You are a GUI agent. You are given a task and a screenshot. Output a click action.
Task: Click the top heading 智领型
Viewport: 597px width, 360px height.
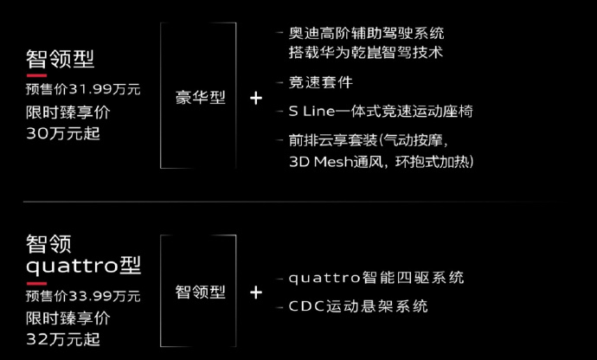[60, 59]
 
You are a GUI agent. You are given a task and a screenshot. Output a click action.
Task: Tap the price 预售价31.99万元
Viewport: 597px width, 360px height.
[83, 89]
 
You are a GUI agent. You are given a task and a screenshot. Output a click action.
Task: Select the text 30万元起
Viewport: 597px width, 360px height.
[63, 133]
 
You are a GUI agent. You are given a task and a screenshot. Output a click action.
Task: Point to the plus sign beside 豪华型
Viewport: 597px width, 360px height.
[256, 99]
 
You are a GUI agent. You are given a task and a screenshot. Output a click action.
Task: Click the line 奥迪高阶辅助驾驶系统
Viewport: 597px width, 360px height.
[366, 33]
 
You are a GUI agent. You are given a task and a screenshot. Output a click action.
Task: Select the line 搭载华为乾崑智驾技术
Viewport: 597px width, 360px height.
[365, 52]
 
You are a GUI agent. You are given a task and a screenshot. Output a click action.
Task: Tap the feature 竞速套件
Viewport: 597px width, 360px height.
[321, 82]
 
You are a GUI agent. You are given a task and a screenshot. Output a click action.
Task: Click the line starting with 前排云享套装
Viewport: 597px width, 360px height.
[369, 140]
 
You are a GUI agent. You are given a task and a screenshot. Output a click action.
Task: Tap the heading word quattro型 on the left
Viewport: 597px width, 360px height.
[83, 265]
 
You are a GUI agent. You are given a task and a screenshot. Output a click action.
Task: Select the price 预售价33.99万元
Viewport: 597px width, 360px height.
[83, 296]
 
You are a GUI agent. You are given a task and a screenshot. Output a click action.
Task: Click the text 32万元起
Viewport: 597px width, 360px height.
[63, 339]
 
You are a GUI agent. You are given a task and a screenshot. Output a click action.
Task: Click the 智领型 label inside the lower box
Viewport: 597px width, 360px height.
[200, 292]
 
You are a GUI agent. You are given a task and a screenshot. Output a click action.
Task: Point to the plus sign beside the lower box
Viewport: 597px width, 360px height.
[256, 292]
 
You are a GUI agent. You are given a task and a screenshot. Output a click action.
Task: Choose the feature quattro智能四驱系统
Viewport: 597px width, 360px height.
[376, 278]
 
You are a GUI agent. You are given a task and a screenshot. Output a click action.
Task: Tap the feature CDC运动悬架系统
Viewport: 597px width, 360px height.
[358, 306]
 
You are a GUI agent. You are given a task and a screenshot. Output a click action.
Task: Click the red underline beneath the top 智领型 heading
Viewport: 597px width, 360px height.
[36, 75]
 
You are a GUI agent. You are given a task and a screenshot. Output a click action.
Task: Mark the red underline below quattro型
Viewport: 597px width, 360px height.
[36, 284]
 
